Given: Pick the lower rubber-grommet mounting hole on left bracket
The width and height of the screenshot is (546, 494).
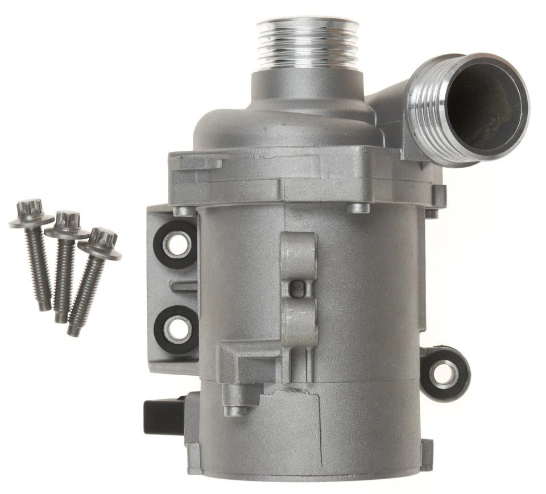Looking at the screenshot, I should tap(176, 329).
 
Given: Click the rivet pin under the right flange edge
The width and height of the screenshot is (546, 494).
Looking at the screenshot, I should tap(358, 207).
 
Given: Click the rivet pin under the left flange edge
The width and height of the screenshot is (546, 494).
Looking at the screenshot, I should tap(182, 211).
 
